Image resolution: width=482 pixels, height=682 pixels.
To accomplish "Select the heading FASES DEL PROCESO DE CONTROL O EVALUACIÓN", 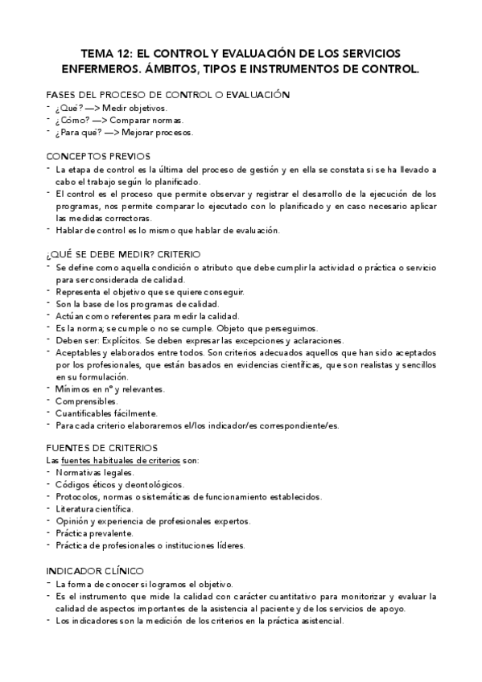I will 167,95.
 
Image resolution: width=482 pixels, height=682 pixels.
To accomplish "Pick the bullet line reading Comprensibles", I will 87,401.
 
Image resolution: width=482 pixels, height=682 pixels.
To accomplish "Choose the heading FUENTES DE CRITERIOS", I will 102,447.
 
